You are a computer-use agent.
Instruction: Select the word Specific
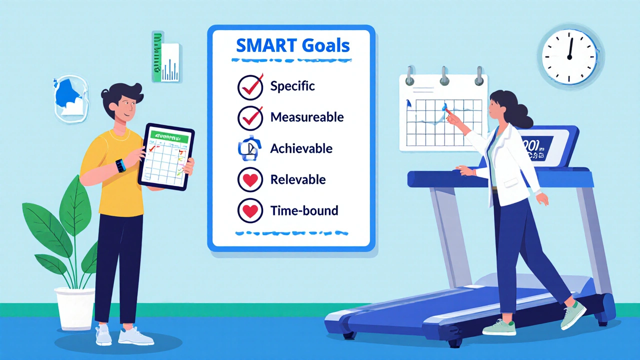click(x=292, y=86)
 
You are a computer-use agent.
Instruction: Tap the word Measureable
click(x=307, y=117)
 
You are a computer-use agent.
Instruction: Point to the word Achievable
click(x=301, y=148)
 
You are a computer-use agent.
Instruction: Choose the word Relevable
click(x=297, y=179)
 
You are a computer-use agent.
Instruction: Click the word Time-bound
click(x=304, y=210)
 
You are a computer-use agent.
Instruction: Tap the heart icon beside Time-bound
click(x=250, y=211)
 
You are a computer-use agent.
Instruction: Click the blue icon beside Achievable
click(x=250, y=149)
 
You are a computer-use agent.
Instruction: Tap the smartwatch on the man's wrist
click(x=120, y=165)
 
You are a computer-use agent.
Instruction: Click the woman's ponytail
click(x=525, y=115)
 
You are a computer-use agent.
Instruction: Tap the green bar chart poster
click(x=165, y=56)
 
